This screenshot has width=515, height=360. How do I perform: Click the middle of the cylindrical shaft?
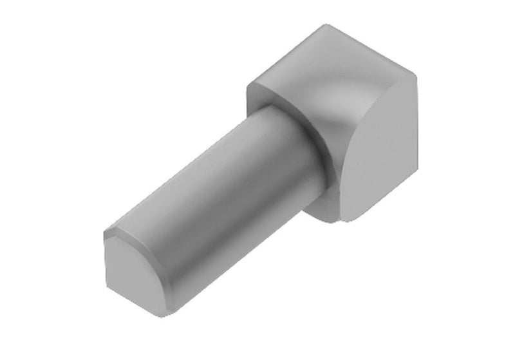tap(212, 187)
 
